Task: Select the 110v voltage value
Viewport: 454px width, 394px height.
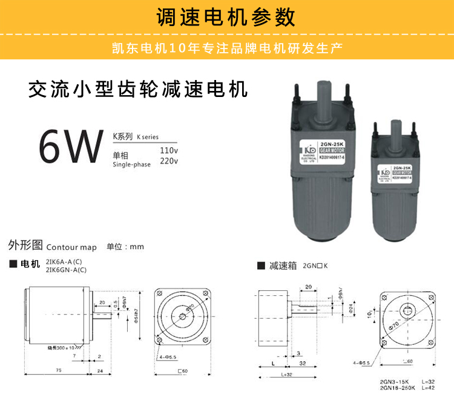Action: [x=169, y=150]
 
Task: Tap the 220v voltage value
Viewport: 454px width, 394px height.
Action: [x=169, y=161]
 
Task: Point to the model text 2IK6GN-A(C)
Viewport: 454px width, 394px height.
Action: [x=66, y=270]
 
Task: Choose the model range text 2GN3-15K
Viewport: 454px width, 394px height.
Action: [x=393, y=381]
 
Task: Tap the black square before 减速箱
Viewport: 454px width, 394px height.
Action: [x=261, y=265]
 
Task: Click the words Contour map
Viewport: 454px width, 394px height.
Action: [x=71, y=247]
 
